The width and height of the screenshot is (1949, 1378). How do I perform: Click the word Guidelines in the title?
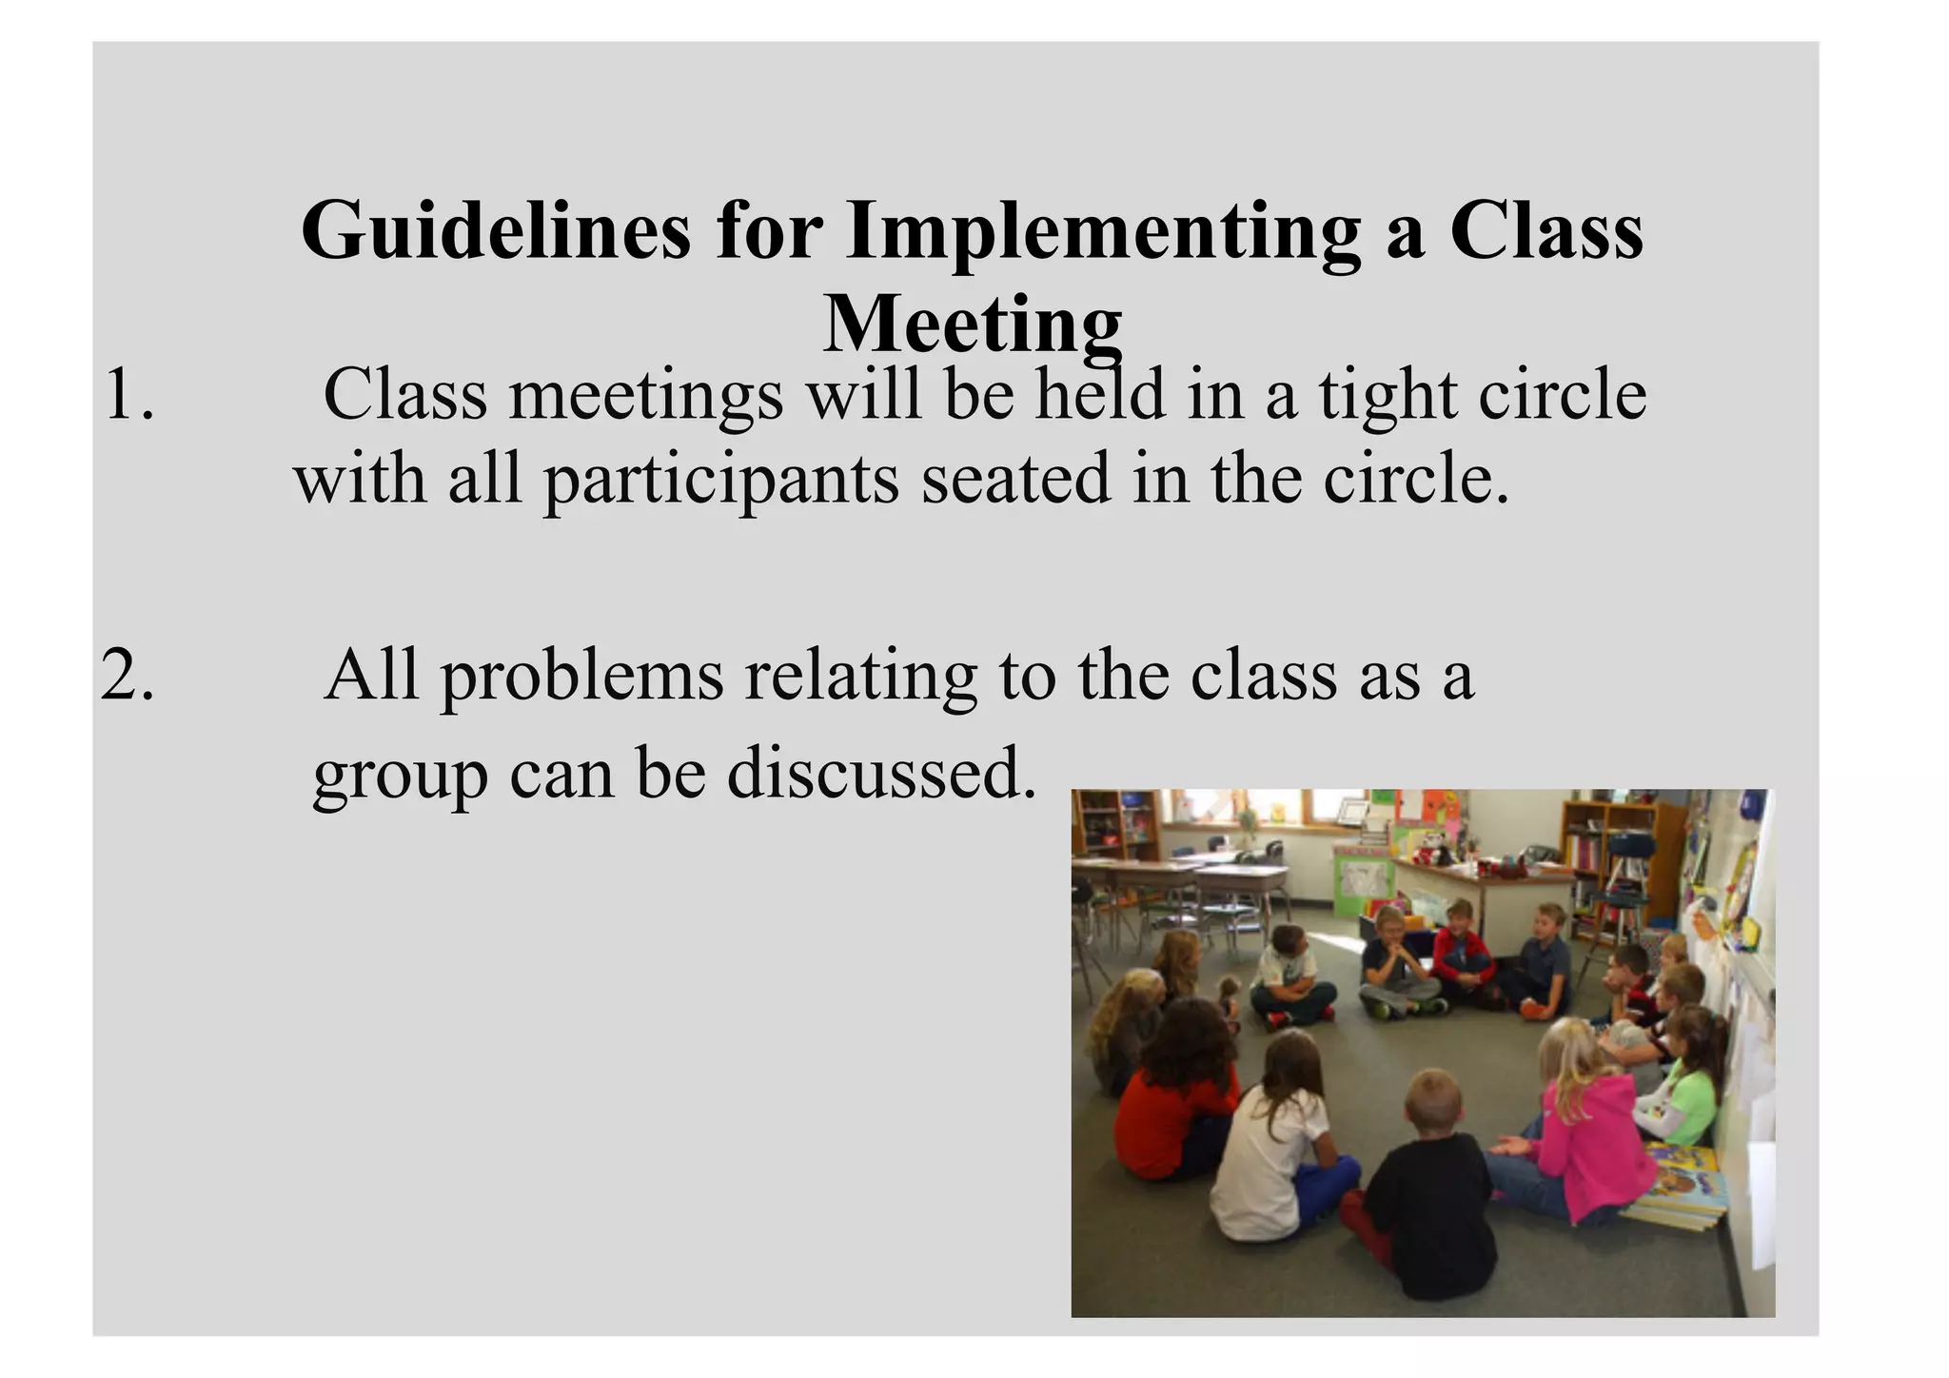click(x=495, y=231)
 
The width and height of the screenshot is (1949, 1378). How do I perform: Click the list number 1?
click(x=128, y=395)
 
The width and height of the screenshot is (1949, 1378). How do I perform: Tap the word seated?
click(x=1015, y=479)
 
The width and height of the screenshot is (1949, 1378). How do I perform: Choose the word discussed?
click(x=881, y=773)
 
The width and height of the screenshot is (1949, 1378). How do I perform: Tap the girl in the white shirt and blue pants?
click(x=1275, y=1142)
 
